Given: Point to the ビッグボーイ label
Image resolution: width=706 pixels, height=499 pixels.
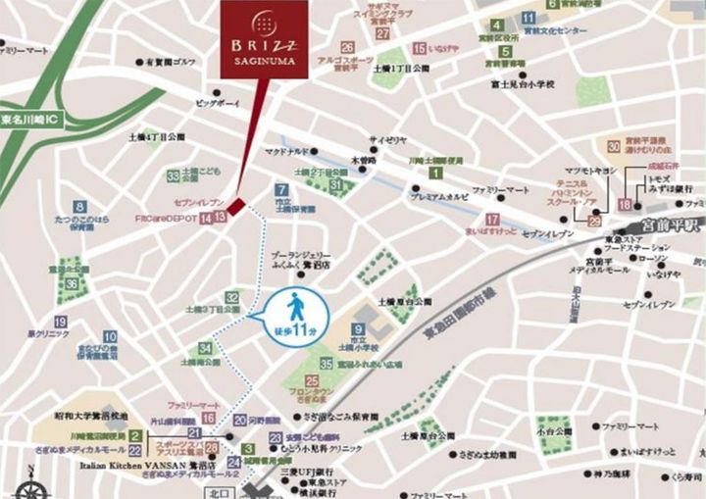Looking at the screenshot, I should click(x=217, y=101).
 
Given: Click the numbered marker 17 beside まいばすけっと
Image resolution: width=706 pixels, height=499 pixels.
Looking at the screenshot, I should click(x=492, y=219).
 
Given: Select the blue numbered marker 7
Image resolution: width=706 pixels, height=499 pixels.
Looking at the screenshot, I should click(x=281, y=190).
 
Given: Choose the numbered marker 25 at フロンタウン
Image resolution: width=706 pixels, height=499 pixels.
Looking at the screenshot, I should click(x=312, y=380).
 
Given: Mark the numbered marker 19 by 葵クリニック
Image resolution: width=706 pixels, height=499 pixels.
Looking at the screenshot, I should click(x=61, y=322).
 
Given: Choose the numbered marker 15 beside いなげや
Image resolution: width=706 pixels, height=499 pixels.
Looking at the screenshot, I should click(x=419, y=48).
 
